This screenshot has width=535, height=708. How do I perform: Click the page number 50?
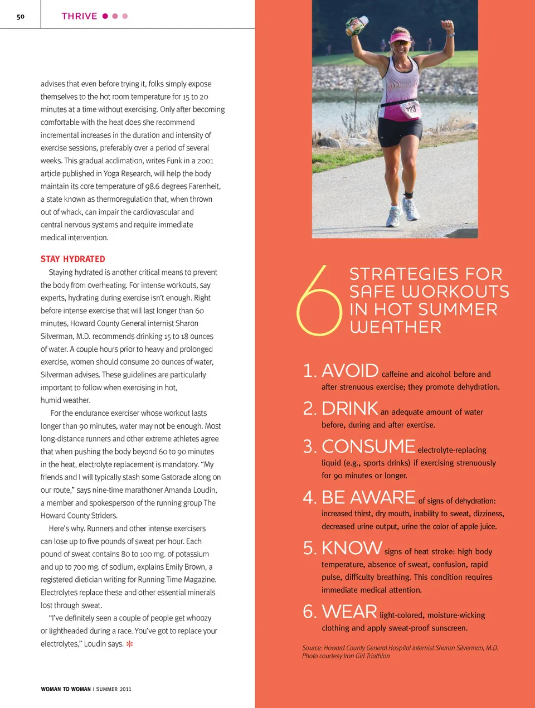tap(21, 17)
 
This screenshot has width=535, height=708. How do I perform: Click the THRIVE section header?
tap(79, 16)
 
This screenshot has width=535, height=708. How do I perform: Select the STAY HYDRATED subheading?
tap(72, 259)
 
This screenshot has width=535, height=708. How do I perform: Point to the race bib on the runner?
tap(410, 109)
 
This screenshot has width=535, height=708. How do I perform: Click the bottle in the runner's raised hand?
tap(356, 25)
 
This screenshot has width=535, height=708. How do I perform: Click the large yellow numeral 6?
tap(319, 301)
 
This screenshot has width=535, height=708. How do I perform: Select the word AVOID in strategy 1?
tap(350, 371)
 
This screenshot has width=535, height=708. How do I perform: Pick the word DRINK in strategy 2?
tap(350, 409)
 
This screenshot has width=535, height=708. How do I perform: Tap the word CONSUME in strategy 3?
tap(368, 447)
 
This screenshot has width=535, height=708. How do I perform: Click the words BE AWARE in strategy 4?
tap(368, 497)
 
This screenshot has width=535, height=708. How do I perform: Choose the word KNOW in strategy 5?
tap(352, 548)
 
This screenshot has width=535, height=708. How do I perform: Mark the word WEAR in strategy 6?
tap(349, 612)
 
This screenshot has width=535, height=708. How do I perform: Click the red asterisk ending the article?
tap(130, 644)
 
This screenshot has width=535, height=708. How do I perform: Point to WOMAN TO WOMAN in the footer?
tap(66, 689)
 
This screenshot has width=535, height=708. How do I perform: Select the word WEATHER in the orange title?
tap(396, 327)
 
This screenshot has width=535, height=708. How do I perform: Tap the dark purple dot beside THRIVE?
tap(105, 16)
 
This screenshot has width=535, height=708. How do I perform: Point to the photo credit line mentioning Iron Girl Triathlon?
tap(346, 656)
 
